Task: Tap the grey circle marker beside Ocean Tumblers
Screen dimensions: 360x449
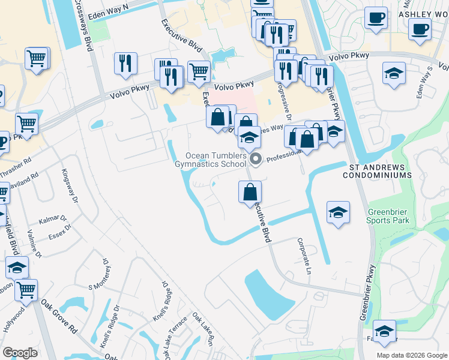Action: point(256,159)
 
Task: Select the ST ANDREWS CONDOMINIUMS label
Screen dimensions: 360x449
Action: point(377,170)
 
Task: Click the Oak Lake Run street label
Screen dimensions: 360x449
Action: point(203,328)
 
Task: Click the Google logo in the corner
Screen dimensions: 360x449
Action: point(20,353)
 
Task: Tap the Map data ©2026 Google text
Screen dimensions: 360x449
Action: point(412,355)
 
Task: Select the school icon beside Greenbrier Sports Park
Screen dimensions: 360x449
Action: point(339,212)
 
